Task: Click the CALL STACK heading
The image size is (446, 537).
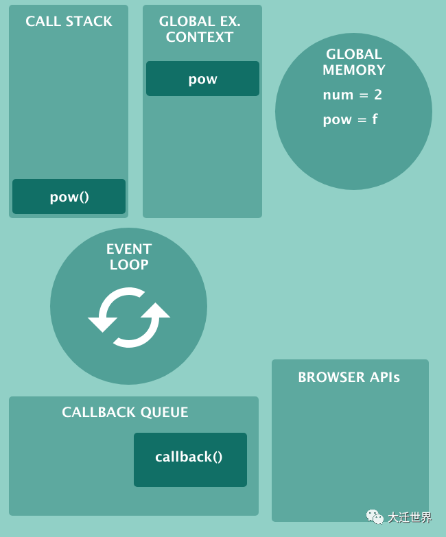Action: pos(69,21)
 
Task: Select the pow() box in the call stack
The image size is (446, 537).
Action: pos(69,197)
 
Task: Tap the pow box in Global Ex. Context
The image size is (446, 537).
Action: pos(202,79)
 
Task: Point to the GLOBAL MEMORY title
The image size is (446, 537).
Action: pos(353,62)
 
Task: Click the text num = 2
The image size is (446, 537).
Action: pos(352,95)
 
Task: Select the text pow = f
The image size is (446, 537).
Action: pos(350,119)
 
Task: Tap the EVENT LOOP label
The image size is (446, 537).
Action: pos(129,256)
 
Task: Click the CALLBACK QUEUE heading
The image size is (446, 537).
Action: pos(125,412)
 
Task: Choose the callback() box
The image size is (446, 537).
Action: pos(189,457)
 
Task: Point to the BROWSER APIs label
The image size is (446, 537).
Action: pos(349,377)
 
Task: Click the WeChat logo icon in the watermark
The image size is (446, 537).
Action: pos(375,516)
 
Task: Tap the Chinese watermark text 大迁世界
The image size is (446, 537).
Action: pos(410,517)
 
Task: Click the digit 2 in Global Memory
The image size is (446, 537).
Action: pos(378,95)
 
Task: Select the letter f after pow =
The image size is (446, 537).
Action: pos(375,119)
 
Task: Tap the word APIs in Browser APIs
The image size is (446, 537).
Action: pos(385,377)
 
